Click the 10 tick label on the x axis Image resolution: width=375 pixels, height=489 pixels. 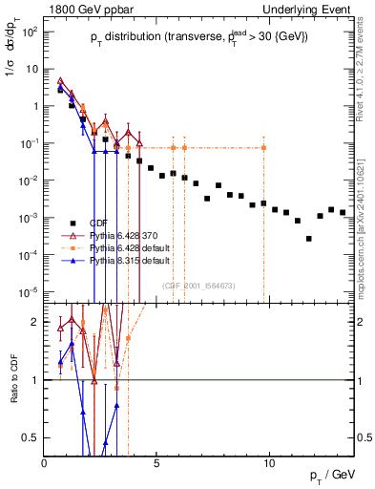pos(269,463)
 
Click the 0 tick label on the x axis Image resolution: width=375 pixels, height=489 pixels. pos(45,463)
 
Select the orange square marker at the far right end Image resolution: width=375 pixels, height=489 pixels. pos(263,148)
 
